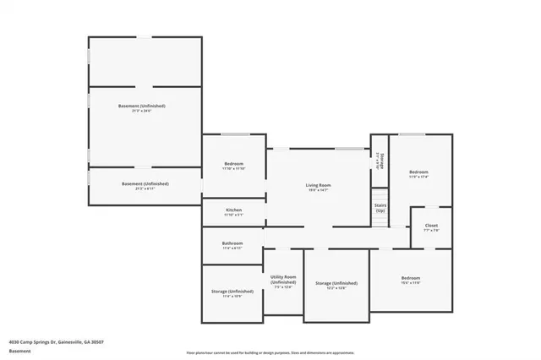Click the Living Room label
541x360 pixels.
click(x=318, y=185)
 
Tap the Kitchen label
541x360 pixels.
click(x=233, y=210)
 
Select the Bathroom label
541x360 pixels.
click(x=232, y=243)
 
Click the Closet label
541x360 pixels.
click(x=431, y=226)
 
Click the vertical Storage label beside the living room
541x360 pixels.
click(x=381, y=161)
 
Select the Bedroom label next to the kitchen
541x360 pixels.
click(x=233, y=163)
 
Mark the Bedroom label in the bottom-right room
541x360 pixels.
click(x=411, y=278)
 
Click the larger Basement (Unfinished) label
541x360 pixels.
click(x=141, y=106)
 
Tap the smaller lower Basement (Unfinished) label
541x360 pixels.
click(x=145, y=183)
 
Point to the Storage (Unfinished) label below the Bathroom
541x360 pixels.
click(x=232, y=292)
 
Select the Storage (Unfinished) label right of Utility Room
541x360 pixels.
click(x=336, y=283)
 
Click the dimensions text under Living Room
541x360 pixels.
click(x=318, y=190)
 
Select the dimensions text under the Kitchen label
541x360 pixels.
click(x=233, y=215)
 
